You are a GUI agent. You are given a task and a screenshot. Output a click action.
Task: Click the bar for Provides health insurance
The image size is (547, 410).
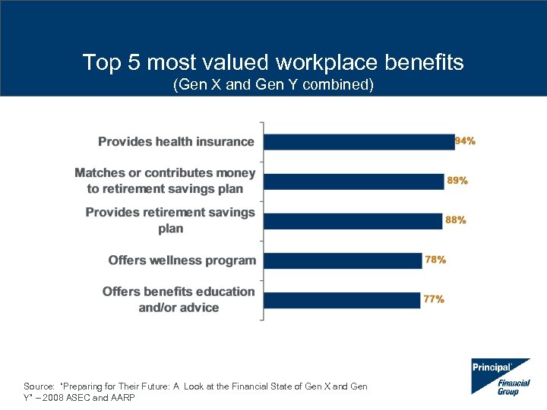(359, 142)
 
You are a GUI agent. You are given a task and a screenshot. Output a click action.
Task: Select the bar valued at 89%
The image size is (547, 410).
(353, 181)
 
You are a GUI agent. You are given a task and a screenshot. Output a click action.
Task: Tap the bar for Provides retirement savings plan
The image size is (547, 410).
(353, 221)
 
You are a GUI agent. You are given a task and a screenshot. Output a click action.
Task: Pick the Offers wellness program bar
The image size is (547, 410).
(342, 260)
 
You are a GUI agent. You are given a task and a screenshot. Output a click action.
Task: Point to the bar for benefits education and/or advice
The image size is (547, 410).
(341, 300)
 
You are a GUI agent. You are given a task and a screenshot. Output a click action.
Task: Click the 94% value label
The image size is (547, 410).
(465, 141)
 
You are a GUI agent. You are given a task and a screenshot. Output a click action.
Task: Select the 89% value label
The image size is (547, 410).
(457, 181)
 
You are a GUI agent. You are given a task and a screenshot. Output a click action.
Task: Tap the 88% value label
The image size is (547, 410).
(456, 220)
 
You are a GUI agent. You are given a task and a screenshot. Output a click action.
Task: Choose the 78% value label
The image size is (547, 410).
(435, 260)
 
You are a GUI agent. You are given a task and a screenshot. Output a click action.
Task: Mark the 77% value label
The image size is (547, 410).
(434, 299)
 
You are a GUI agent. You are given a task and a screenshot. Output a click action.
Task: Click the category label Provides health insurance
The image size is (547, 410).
(176, 142)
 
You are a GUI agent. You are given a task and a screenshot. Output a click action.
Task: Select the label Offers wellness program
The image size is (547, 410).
(182, 260)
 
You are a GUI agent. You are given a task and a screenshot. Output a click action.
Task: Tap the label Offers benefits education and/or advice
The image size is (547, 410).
(179, 299)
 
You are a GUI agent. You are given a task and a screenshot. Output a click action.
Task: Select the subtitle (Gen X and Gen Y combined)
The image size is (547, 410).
(273, 85)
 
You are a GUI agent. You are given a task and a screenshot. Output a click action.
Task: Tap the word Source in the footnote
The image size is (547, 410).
(38, 386)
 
